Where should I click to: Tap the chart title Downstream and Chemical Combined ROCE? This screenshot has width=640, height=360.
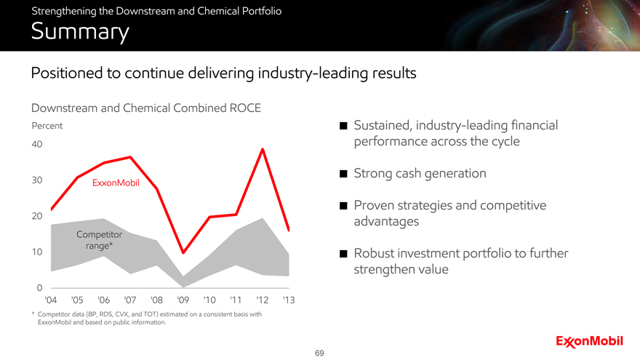(145, 108)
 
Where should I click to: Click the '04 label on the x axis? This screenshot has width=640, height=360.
(51, 300)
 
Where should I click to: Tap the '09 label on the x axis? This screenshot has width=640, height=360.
(183, 300)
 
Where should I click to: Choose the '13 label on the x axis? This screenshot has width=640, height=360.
(288, 300)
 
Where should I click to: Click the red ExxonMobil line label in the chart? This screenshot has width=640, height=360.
(116, 183)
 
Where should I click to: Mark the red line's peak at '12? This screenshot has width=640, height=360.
(262, 150)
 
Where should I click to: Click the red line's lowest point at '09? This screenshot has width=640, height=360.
(183, 252)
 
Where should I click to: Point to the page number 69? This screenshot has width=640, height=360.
(319, 353)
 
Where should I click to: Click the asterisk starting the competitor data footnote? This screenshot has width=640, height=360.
(33, 313)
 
